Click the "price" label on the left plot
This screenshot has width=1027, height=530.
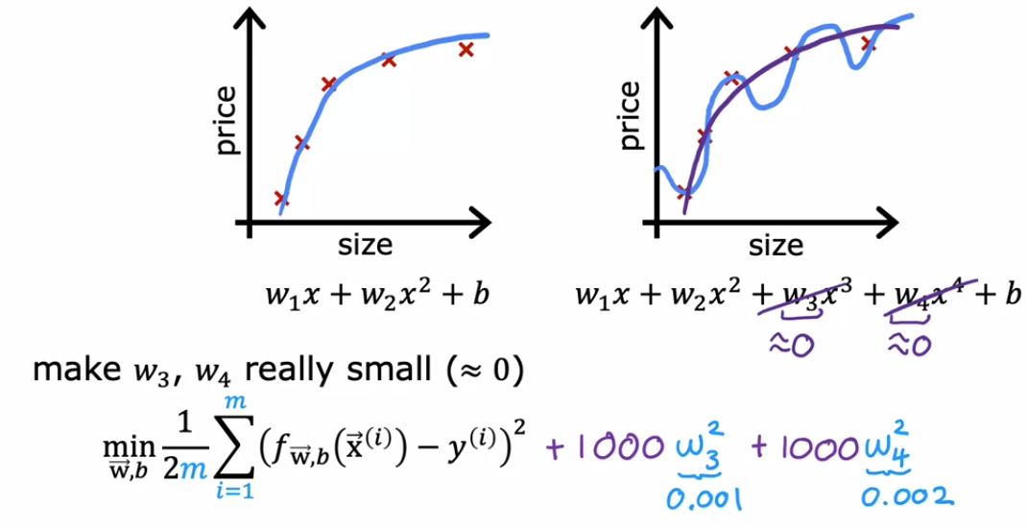(226, 122)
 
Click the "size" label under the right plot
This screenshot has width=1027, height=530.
(776, 247)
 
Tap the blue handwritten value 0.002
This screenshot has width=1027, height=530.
(906, 495)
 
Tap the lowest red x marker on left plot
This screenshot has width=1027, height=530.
(281, 199)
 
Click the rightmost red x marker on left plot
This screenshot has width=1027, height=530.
(466, 49)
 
